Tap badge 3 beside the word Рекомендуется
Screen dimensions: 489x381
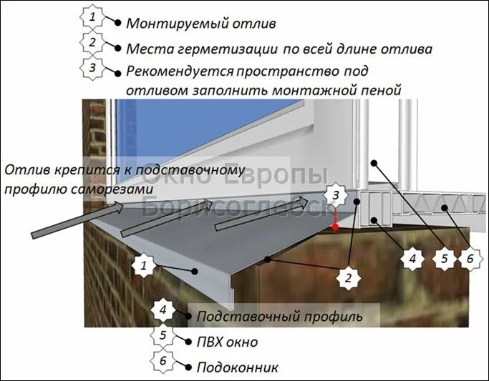[92, 69]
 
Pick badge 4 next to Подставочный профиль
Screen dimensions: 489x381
[163, 312]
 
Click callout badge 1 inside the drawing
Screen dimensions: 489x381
[144, 267]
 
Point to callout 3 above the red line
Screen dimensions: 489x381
[334, 194]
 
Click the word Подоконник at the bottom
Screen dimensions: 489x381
[237, 367]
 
